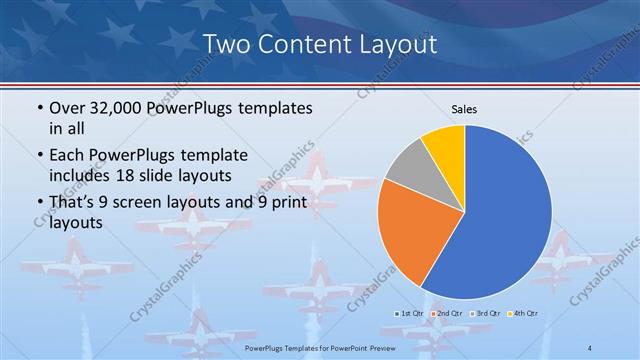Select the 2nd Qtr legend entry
447,314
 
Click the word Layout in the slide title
392,44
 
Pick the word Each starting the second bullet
66,155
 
